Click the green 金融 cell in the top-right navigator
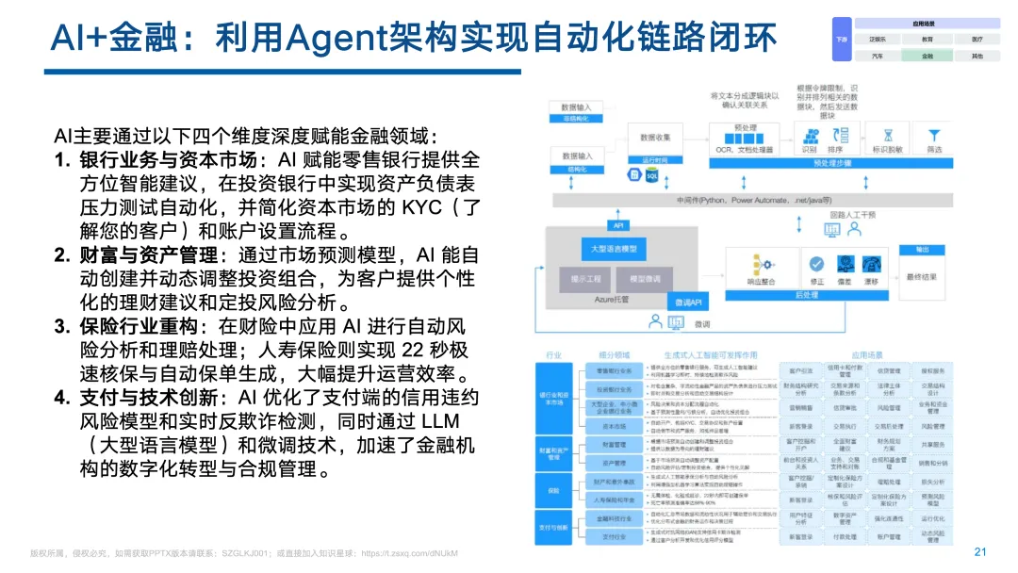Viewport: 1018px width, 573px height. point(928,56)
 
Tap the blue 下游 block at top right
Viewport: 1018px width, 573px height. point(843,40)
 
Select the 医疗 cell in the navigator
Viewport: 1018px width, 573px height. point(977,40)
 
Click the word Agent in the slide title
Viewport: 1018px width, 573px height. point(335,39)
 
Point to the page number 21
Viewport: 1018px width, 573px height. point(979,552)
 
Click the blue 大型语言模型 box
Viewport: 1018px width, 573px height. point(614,249)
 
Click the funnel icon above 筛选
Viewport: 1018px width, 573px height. point(934,134)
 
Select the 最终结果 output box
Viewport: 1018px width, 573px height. point(921,277)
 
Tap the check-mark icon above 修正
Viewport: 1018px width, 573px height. point(817,261)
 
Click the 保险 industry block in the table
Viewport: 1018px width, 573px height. point(554,489)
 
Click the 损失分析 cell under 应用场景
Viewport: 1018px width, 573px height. point(932,481)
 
